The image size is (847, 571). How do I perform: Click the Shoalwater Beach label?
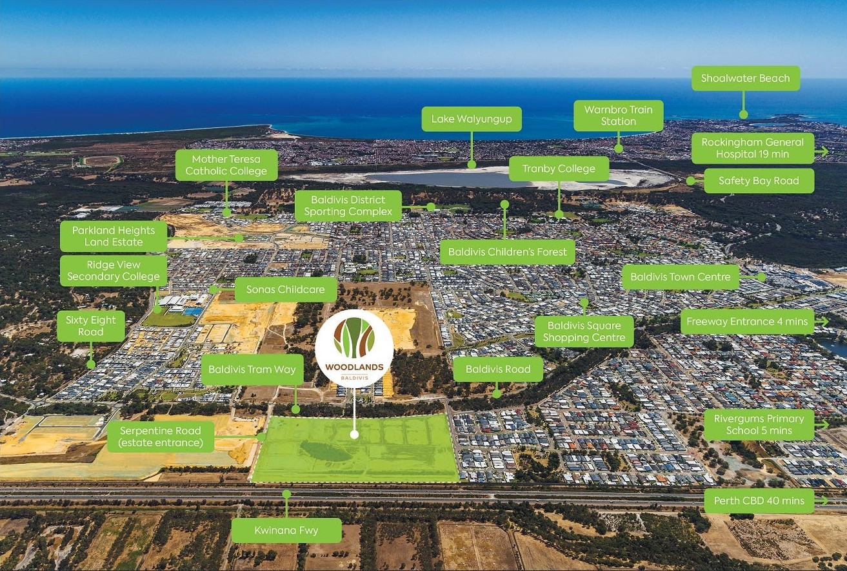745,78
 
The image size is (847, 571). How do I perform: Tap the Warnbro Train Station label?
618,116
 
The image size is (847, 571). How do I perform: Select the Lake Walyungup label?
471,119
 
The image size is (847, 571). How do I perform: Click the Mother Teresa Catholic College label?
226,165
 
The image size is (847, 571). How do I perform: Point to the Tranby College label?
559,169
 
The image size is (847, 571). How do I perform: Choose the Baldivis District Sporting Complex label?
348,205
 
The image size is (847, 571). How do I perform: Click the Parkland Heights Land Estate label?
114,236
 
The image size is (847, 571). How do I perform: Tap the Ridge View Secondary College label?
114,271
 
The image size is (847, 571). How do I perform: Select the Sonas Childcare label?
285,289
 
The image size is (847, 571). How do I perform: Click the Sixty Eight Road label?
90,326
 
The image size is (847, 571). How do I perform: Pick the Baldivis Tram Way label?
252,369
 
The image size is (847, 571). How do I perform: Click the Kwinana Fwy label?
286,530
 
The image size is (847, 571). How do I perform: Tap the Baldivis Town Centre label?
681,277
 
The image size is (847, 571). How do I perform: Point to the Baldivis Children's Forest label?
507,252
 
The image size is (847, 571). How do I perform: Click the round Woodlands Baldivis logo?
354,348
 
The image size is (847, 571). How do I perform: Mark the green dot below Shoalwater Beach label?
743,115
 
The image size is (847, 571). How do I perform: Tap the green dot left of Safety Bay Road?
690,181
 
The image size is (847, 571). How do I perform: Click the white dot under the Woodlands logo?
354,435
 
